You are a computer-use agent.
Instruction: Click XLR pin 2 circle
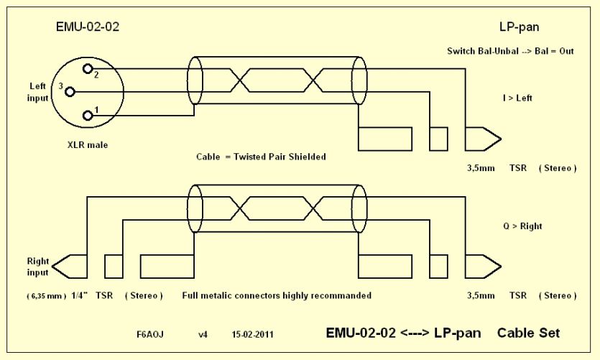(88, 69)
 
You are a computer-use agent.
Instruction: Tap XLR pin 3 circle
(70, 92)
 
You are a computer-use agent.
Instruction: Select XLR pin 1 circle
(88, 115)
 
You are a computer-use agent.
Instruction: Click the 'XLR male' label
(88, 145)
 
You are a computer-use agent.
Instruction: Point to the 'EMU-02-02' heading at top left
(88, 27)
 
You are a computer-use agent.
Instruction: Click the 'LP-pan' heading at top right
(520, 27)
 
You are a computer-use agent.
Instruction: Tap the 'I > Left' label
(517, 98)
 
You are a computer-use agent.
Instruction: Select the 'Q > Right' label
(522, 226)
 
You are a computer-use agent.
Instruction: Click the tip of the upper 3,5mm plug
(501, 139)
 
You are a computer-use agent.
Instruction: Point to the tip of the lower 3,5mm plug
(501, 267)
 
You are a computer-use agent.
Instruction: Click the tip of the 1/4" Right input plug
(52, 267)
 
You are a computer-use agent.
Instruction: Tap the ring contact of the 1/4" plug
(114, 267)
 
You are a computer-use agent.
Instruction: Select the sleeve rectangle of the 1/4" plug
(167, 267)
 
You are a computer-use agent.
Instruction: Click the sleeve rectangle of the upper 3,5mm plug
(385, 139)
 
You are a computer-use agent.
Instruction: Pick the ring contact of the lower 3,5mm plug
(438, 267)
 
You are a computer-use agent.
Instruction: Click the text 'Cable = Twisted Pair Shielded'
(261, 157)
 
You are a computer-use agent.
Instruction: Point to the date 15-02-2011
(252, 334)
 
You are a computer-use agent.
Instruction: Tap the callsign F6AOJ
(150, 334)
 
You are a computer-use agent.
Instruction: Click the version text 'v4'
(203, 335)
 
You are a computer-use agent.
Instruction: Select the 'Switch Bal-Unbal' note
(483, 51)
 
